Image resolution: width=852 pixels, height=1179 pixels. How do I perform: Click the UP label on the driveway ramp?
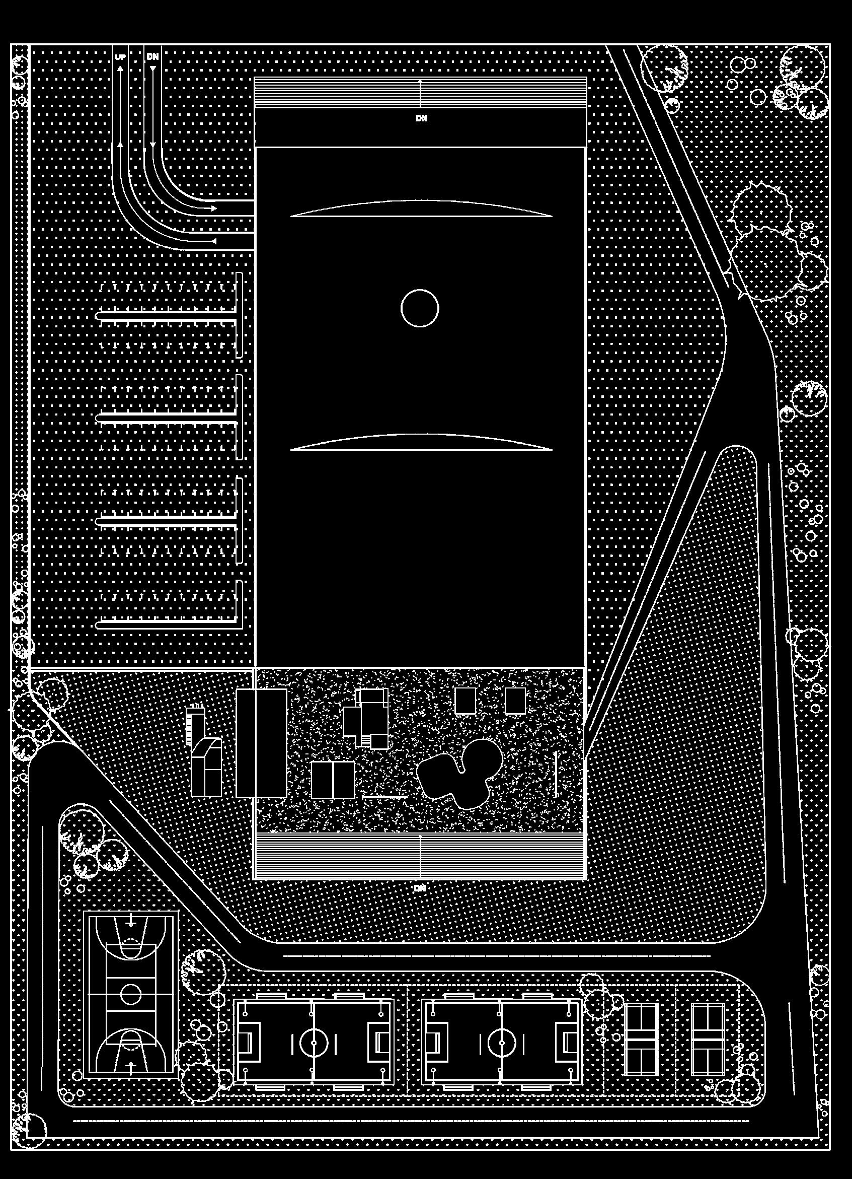pyautogui.click(x=120, y=57)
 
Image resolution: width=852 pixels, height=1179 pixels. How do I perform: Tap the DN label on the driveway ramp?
pyautogui.click(x=152, y=56)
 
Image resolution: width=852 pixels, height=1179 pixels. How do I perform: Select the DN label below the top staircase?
pyautogui.click(x=421, y=118)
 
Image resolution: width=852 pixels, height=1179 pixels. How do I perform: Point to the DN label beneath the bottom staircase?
pyautogui.click(x=420, y=888)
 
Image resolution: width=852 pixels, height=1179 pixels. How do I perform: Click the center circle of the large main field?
pyautogui.click(x=420, y=308)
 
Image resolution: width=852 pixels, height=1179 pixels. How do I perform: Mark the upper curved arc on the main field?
pyautogui.click(x=421, y=209)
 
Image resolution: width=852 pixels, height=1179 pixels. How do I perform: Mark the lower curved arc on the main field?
pyautogui.click(x=421, y=441)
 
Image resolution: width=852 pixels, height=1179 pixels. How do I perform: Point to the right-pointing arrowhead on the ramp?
pyautogui.click(x=213, y=208)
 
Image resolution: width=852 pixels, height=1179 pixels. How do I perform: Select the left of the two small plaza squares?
pyautogui.click(x=465, y=701)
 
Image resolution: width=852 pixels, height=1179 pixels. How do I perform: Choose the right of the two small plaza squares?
pyautogui.click(x=515, y=701)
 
